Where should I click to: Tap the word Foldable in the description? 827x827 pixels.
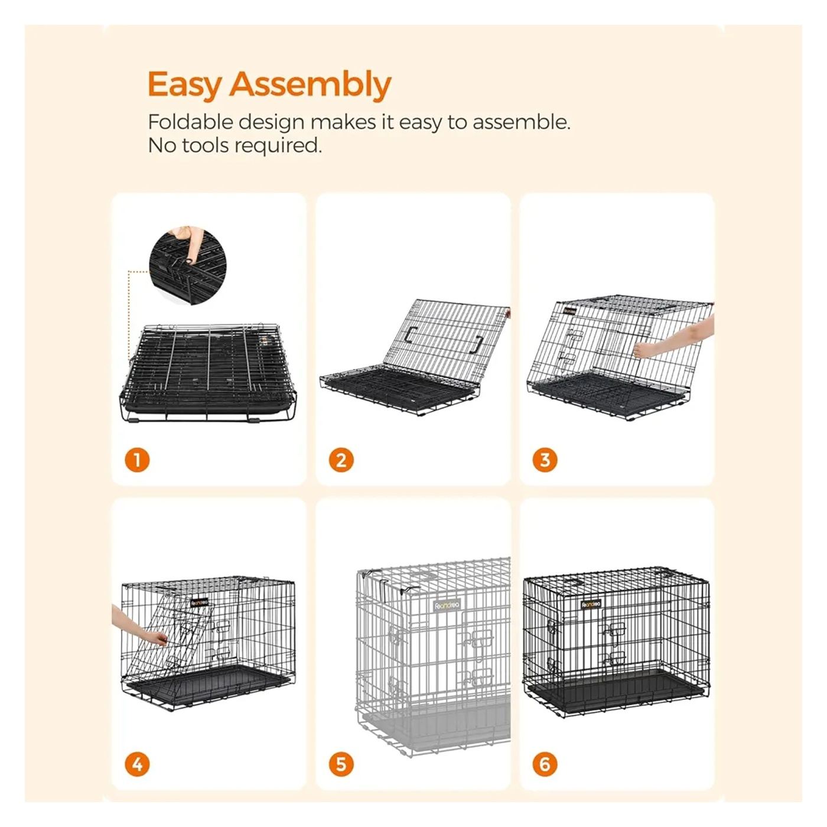(x=191, y=122)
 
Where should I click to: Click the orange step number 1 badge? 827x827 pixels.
(x=137, y=461)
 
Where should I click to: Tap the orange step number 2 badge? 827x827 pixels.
(x=341, y=461)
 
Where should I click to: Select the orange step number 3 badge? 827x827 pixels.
(x=545, y=460)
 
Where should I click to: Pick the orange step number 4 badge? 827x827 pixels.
(x=137, y=764)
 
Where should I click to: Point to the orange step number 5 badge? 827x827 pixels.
(x=341, y=764)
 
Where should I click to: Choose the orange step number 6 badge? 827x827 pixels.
(x=545, y=764)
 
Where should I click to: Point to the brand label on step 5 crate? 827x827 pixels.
(x=447, y=605)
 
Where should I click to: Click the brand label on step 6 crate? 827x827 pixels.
(x=591, y=604)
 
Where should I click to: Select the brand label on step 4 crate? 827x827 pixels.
(x=199, y=602)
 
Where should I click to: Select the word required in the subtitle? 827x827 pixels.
(x=278, y=146)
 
